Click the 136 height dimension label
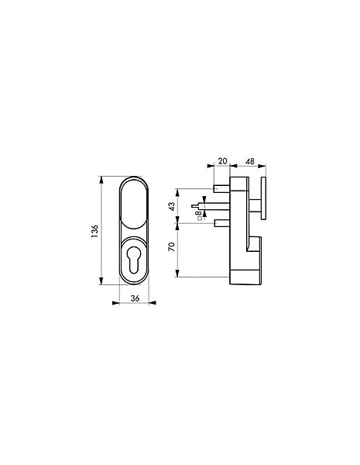94,231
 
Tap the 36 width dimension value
135,298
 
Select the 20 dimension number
222,161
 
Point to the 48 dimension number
250,161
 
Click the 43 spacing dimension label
172,206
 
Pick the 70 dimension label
172,246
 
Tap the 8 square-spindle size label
200,214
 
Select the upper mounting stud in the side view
221,188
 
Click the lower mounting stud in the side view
221,222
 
